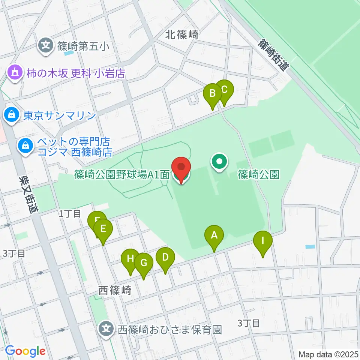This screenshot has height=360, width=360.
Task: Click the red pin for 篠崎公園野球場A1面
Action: tap(181, 168)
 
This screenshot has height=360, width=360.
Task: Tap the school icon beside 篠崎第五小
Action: tap(46, 46)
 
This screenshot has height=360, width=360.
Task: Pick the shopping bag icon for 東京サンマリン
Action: tap(12, 115)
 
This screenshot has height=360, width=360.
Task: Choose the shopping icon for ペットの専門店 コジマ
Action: tap(25, 145)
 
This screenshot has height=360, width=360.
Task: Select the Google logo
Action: tap(25, 351)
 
